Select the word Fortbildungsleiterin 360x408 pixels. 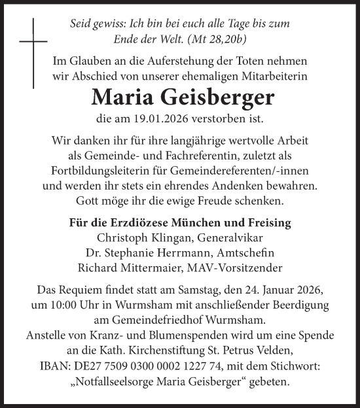point(116,171)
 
